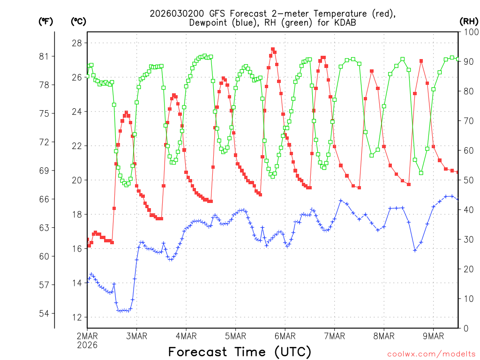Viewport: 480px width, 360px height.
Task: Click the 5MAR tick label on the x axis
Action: coord(235,336)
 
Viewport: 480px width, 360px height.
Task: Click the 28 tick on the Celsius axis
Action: coord(77,43)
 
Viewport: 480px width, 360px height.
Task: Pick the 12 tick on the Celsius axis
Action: coord(77,317)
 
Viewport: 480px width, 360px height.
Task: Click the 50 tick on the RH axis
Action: coord(466,180)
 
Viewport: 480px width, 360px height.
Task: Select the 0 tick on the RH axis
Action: coord(464,328)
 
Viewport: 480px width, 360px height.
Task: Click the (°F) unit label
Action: coord(46,21)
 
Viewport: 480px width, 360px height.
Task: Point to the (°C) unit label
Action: coord(78,21)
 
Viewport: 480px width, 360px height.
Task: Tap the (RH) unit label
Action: coord(468,21)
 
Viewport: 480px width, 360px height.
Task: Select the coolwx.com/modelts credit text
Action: coord(431,354)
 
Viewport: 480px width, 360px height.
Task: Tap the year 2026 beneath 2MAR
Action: coord(88,345)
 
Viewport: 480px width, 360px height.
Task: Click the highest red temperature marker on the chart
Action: coord(272,49)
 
